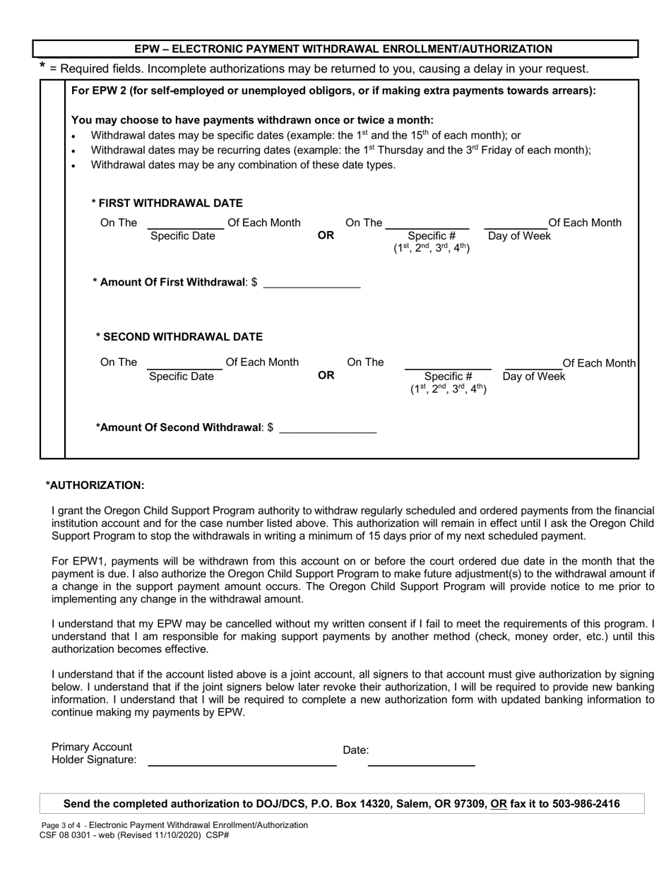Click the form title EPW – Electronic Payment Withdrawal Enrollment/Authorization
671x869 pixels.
[x=343, y=49]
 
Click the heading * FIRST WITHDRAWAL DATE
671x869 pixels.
[x=167, y=203]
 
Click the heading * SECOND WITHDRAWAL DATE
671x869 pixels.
[x=179, y=336]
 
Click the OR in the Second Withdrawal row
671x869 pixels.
[x=326, y=376]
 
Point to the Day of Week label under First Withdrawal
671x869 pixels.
[x=519, y=236]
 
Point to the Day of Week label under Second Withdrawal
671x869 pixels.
[x=534, y=377]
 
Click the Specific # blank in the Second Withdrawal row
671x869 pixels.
[x=447, y=363]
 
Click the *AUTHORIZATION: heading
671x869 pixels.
[x=95, y=485]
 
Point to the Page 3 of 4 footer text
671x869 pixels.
[x=62, y=825]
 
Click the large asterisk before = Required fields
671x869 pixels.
[x=43, y=67]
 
